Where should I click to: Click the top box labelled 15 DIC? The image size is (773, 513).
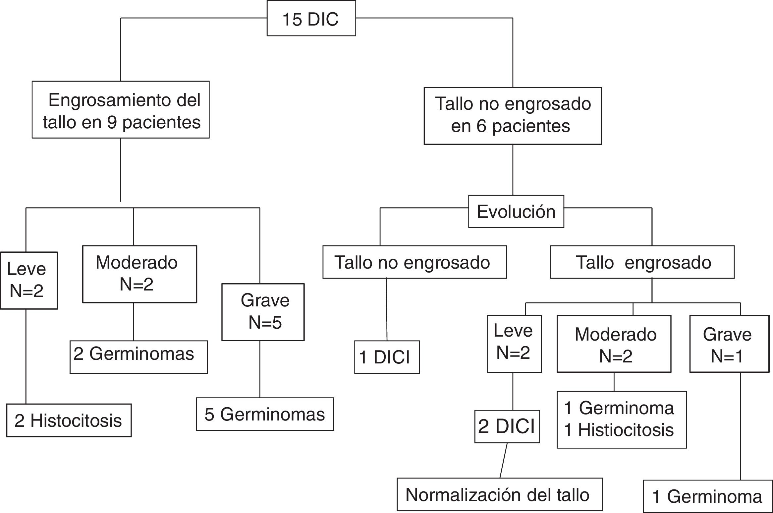311,18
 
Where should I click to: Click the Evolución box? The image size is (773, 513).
516,211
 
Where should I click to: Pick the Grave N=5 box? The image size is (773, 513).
263,312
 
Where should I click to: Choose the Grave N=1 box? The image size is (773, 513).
729,344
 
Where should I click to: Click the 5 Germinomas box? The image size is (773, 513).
265,414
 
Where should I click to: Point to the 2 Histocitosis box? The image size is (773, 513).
69,420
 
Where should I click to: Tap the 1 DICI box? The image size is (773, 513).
387,357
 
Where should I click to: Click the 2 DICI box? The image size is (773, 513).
507,426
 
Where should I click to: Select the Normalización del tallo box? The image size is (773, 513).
499,495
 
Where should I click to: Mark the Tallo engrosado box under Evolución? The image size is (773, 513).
642,262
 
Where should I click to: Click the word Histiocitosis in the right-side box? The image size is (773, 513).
626,430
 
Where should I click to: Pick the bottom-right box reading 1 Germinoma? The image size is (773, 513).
708,496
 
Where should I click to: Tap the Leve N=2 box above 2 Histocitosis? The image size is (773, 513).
29,281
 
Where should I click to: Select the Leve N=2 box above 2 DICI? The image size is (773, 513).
514,344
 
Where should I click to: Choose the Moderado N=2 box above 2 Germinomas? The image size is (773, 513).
139,274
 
